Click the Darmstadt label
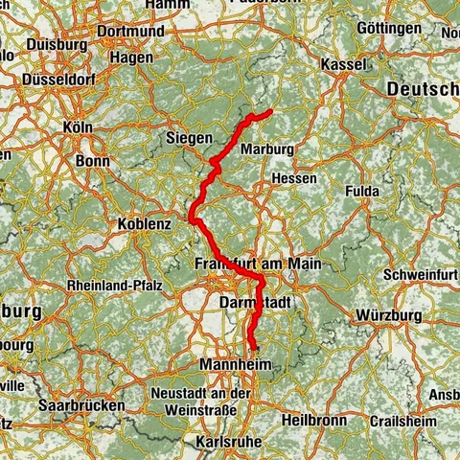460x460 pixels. pyautogui.click(x=248, y=301)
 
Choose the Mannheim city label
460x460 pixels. pyautogui.click(x=237, y=365)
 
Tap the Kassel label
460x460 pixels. pyautogui.click(x=345, y=63)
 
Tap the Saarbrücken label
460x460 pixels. pyautogui.click(x=81, y=405)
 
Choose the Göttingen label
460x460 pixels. pyautogui.click(x=388, y=29)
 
